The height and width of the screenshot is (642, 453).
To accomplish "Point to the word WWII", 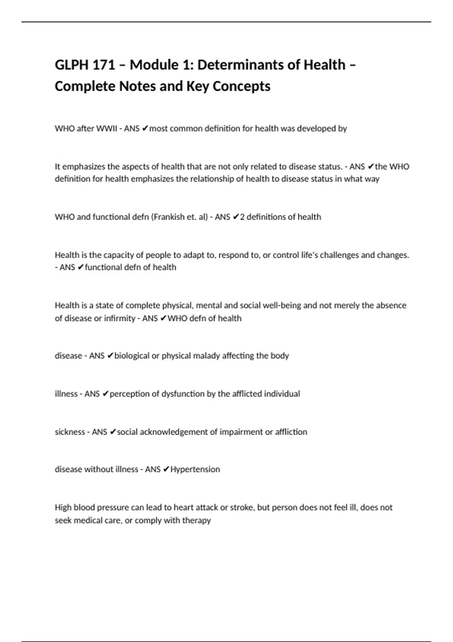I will pyautogui.click(x=107, y=128).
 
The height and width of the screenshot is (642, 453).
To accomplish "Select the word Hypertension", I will pyautogui.click(x=195, y=469).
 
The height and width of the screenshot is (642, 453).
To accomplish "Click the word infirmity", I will pyautogui.click(x=119, y=318).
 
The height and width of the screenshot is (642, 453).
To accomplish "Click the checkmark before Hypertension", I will pyautogui.click(x=166, y=469).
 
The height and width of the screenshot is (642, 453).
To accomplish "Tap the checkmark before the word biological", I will pyautogui.click(x=110, y=356).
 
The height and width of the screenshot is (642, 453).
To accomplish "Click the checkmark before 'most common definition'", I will pyautogui.click(x=145, y=128).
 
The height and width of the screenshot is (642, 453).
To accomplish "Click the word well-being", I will pyautogui.click(x=282, y=305).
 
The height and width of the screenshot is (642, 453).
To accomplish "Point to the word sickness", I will pyautogui.click(x=70, y=432).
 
